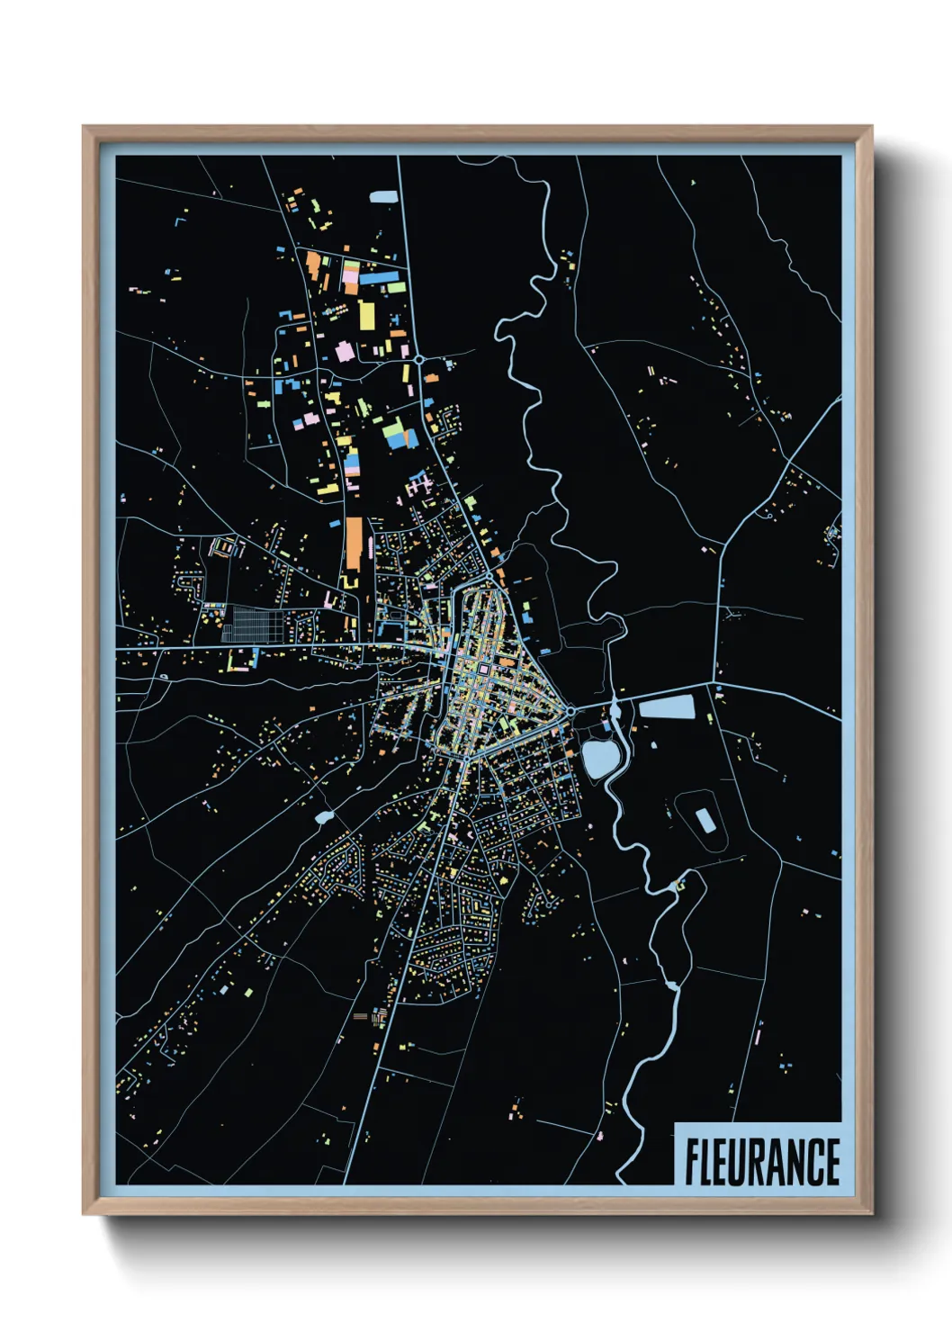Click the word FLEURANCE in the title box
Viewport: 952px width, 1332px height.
pyautogui.click(x=761, y=1162)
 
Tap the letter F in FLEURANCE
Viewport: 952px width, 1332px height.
pyautogui.click(x=693, y=1162)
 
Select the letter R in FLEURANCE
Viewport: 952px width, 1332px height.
pyautogui.click(x=762, y=1162)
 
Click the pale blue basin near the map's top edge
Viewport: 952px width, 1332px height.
pyautogui.click(x=382, y=196)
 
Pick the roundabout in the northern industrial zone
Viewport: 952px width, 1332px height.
pyautogui.click(x=419, y=359)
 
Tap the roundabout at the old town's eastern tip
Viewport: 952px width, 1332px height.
pyautogui.click(x=570, y=712)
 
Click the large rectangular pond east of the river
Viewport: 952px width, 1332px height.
pyautogui.click(x=667, y=707)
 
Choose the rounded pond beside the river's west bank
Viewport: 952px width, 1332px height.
pyautogui.click(x=597, y=759)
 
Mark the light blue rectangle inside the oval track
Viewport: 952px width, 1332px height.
pyautogui.click(x=705, y=820)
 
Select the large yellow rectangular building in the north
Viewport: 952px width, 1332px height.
pyautogui.click(x=367, y=316)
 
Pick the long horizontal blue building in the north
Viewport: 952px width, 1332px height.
pyautogui.click(x=377, y=278)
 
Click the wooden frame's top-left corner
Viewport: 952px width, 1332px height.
pyautogui.click(x=85, y=128)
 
